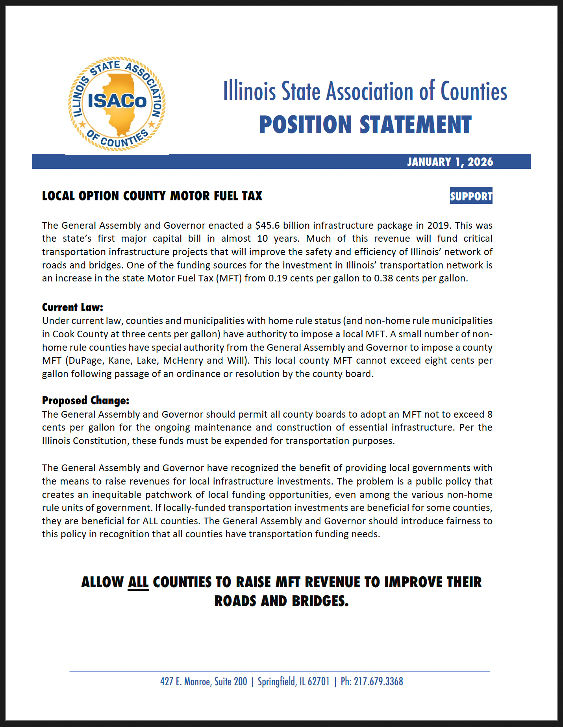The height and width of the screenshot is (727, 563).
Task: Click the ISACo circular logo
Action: click(117, 104)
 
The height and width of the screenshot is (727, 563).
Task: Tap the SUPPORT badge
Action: click(471, 196)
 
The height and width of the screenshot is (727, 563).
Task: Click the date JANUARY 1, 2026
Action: click(450, 162)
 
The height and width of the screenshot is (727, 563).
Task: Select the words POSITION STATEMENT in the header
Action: click(365, 125)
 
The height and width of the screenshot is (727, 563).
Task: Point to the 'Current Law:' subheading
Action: click(72, 307)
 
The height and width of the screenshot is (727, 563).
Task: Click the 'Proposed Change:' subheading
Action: click(85, 400)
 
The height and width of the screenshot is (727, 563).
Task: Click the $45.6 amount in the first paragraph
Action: click(267, 226)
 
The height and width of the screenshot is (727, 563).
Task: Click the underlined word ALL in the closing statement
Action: click(138, 582)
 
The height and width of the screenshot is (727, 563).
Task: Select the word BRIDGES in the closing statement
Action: click(320, 601)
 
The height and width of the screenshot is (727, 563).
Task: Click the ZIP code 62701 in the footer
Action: click(319, 682)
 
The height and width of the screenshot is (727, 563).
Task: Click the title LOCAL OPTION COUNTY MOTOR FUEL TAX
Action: click(152, 196)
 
